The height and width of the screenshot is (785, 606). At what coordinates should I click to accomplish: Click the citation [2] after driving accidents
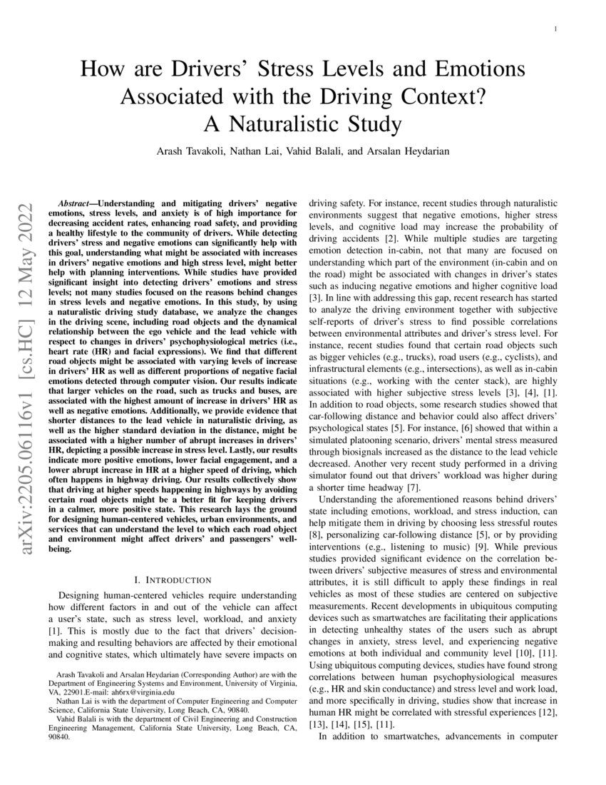pyautogui.click(x=391, y=237)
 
